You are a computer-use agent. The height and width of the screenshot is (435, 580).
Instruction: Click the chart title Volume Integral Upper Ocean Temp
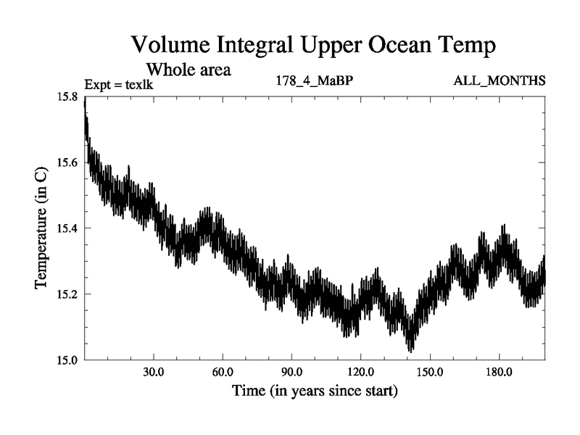pos(313,45)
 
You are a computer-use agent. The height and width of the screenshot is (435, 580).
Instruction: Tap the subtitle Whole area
pos(188,70)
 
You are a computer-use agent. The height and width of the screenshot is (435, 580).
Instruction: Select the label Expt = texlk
pos(119,86)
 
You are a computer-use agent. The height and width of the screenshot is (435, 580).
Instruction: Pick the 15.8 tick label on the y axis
pos(70,96)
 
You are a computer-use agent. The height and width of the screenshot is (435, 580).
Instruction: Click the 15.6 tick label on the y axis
pos(70,162)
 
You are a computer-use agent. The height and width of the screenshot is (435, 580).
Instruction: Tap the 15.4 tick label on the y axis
pos(70,228)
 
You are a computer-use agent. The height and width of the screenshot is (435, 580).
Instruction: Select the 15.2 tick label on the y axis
pos(70,294)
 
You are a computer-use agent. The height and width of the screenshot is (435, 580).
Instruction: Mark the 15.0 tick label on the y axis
pos(70,360)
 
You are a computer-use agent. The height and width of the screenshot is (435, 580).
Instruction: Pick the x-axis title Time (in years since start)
pos(315,391)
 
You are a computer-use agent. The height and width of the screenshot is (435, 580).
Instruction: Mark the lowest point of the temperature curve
pos(411,352)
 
